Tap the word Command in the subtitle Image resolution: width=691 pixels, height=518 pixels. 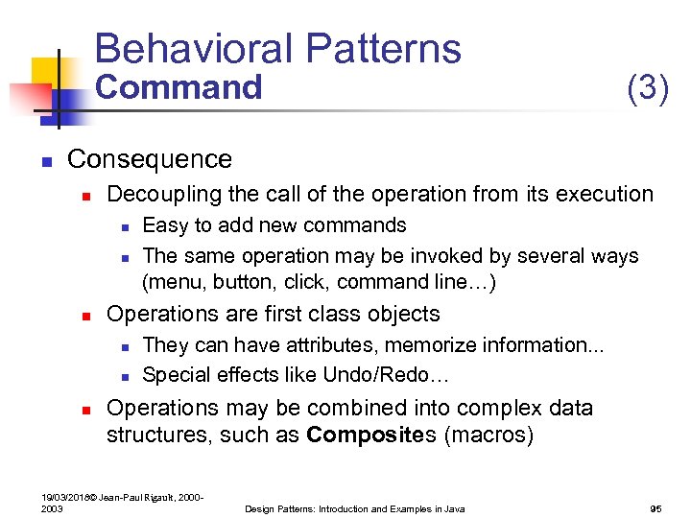[x=179, y=88]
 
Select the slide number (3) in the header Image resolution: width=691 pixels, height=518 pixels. [x=647, y=88]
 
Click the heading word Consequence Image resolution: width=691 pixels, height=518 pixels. [x=150, y=159]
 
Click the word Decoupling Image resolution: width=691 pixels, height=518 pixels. [x=164, y=195]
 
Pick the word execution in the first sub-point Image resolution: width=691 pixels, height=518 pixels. [x=602, y=195]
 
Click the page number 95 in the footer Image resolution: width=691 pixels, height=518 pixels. [x=657, y=508]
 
